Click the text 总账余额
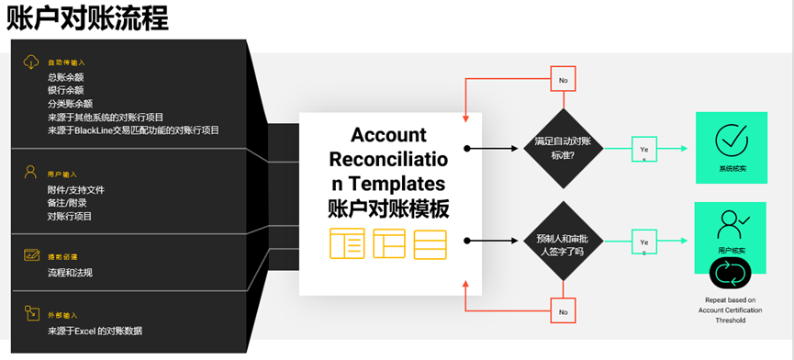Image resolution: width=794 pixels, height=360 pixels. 66,77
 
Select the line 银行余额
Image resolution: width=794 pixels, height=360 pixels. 66,90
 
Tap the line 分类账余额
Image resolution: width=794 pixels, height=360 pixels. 71,104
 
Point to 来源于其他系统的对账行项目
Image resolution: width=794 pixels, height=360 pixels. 106,118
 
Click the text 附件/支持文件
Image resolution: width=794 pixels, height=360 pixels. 76,190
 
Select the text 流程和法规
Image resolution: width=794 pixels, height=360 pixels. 70,273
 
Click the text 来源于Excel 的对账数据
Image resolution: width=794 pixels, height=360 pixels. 95,331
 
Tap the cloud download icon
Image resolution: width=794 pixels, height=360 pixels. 30,62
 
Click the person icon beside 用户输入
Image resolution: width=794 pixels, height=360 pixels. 30,172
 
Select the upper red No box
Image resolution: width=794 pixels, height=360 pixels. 563,80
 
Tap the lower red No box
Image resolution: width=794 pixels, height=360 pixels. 563,311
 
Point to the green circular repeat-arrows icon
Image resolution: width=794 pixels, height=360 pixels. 732,274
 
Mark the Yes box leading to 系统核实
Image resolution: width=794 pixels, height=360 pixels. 643,149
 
